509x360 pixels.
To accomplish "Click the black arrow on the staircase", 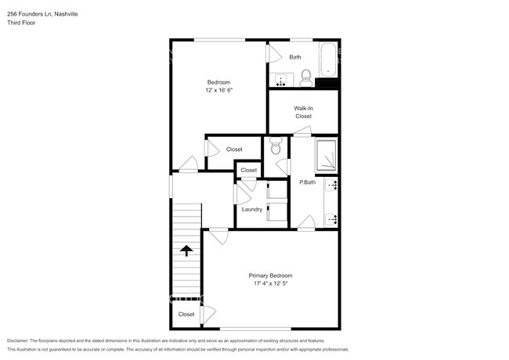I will [186, 250].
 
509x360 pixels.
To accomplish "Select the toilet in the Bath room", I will [306, 76].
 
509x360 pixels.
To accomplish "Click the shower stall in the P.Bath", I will [327, 155].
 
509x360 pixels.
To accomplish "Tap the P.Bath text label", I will [307, 182].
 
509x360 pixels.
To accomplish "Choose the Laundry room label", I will [251, 209].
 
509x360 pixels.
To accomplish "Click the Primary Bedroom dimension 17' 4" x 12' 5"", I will [270, 284].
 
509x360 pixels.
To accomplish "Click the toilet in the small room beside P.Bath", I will [275, 146].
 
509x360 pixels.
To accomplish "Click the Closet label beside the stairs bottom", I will [186, 314].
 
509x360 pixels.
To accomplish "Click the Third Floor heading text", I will [23, 23].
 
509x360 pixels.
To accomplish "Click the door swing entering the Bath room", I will [273, 53].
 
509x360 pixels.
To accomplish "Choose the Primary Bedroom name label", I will [270, 275].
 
